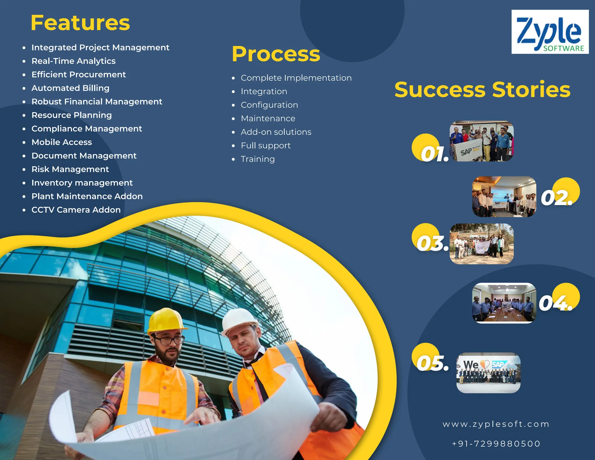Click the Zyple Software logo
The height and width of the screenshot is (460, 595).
pyautogui.click(x=550, y=32)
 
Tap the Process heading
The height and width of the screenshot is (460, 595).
pyautogui.click(x=276, y=54)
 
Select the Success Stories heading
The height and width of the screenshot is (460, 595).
pyautogui.click(x=482, y=90)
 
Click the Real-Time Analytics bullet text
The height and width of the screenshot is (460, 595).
pyautogui.click(x=74, y=61)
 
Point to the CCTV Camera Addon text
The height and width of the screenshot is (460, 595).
pyautogui.click(x=76, y=210)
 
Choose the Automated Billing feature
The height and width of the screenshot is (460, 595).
pyautogui.click(x=70, y=88)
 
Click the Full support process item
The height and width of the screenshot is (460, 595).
pyautogui.click(x=266, y=146)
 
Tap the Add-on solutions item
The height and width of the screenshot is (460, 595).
pyautogui.click(x=276, y=132)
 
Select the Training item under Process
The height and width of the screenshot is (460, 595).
pyautogui.click(x=258, y=159)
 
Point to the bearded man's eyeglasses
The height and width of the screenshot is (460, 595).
pyautogui.click(x=169, y=340)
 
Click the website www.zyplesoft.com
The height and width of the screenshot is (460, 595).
pyautogui.click(x=496, y=424)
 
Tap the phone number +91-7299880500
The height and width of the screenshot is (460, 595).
pyautogui.click(x=496, y=444)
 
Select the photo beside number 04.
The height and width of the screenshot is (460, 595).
pyautogui.click(x=504, y=303)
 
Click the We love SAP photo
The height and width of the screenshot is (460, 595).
pyautogui.click(x=488, y=373)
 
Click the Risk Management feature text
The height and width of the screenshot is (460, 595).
pyautogui.click(x=70, y=169)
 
